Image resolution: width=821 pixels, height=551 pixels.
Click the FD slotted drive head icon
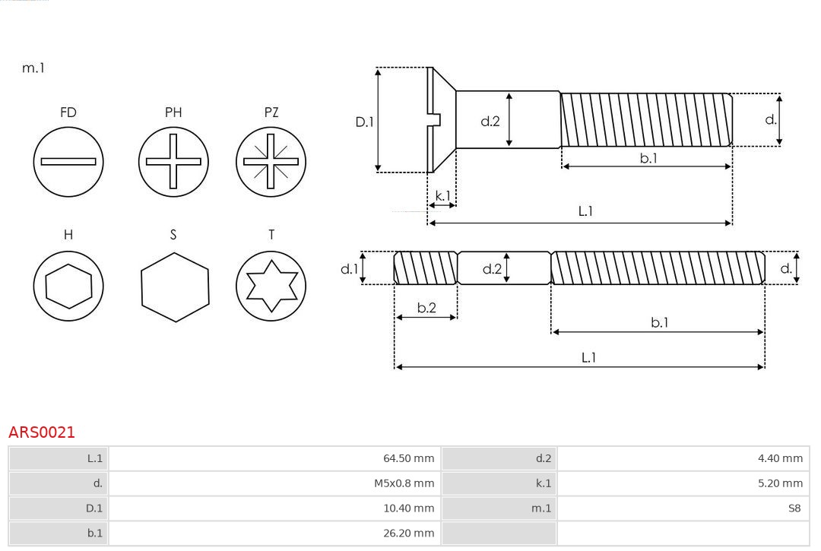(68, 161)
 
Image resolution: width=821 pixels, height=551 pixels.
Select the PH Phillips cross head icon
(173, 161)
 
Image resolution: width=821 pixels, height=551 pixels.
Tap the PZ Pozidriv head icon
(271, 161)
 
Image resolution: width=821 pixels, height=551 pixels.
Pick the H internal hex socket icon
(68, 287)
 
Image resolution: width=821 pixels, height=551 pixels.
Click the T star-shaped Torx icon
(271, 287)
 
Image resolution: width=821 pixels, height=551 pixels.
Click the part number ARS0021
(42, 432)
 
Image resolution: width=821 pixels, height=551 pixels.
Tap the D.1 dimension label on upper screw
(365, 121)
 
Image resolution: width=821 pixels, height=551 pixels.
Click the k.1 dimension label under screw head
(442, 195)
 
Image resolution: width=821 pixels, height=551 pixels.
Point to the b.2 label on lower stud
(426, 308)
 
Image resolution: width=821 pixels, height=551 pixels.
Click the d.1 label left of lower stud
(348, 268)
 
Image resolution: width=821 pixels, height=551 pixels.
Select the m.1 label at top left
(33, 68)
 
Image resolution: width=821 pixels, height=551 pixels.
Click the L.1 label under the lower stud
(588, 357)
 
